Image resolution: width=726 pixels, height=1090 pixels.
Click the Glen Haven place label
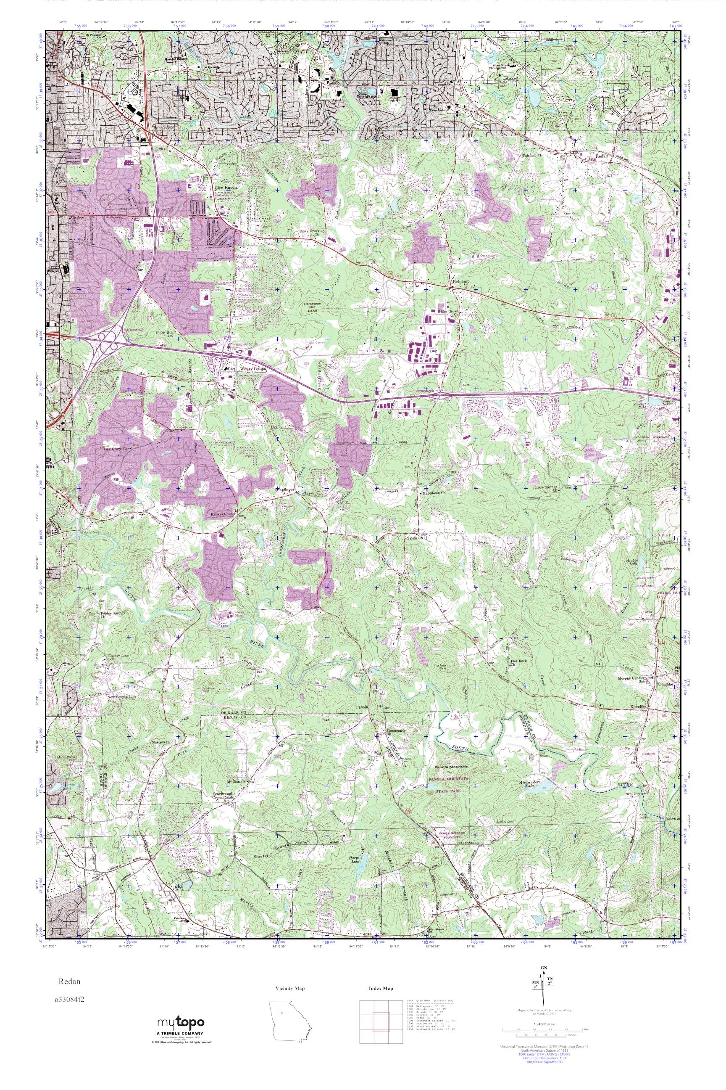pos(226,188)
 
